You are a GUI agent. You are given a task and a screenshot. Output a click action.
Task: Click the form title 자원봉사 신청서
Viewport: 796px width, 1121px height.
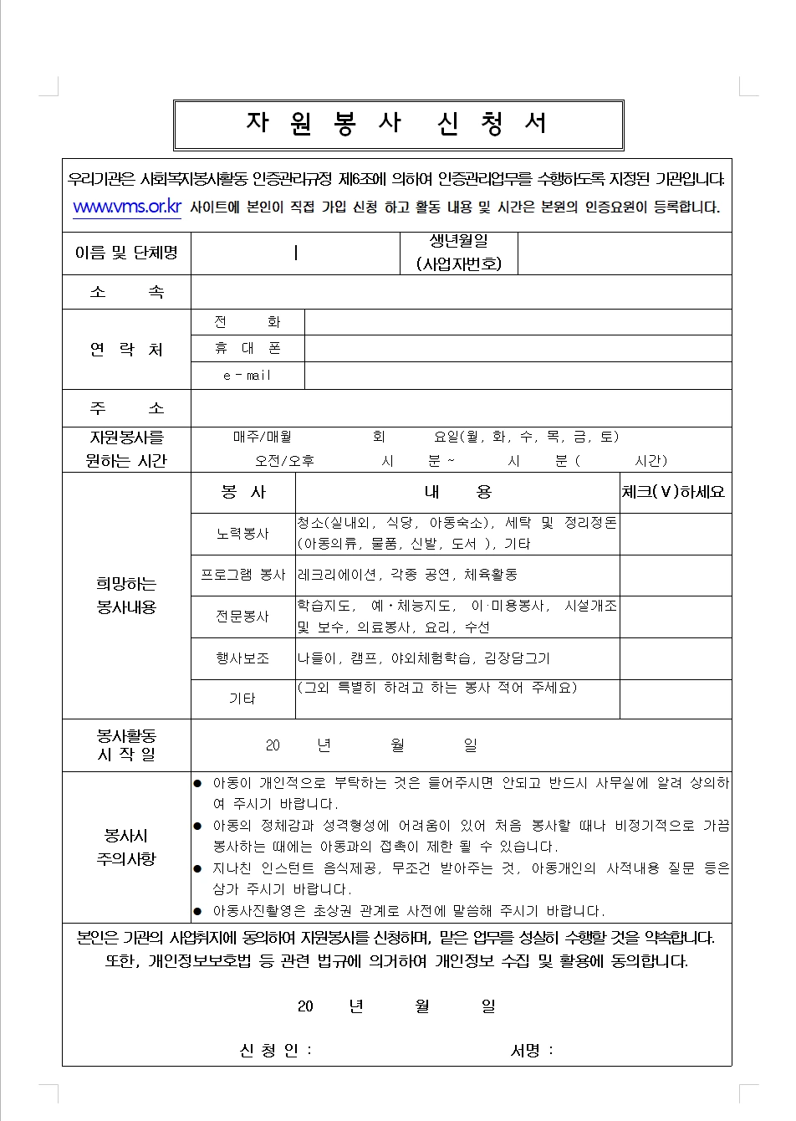[x=398, y=124]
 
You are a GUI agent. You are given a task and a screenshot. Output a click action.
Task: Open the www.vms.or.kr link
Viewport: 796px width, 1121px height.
[x=127, y=207]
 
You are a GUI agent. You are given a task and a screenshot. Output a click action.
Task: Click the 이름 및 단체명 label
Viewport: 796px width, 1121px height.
[x=126, y=253]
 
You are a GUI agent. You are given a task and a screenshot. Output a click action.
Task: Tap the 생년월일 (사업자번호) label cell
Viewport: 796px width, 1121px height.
[x=459, y=253]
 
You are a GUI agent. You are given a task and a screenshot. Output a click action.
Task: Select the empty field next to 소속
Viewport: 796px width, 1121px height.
[x=461, y=292]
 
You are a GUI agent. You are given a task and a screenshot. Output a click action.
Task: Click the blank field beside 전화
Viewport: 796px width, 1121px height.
[x=518, y=322]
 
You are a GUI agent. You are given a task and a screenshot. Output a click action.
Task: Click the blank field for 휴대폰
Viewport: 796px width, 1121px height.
[x=518, y=349]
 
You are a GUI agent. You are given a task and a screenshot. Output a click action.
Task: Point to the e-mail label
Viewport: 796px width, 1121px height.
[x=247, y=376]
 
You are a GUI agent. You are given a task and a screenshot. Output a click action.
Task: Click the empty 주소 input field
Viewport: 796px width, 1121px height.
[x=461, y=408]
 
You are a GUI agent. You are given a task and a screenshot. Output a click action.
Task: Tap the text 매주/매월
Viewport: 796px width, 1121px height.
[x=263, y=437]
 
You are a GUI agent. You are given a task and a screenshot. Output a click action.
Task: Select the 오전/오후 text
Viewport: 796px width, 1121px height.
[x=284, y=461]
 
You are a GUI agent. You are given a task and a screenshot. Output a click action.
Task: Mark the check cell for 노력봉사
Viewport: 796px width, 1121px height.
[x=675, y=534]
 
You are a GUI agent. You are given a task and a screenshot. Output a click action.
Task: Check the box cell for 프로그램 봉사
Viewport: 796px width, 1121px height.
[x=675, y=576]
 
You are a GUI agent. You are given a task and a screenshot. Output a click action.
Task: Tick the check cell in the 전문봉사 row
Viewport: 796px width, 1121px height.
[x=675, y=617]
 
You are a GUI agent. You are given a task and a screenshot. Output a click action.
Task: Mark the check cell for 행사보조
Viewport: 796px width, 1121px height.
[x=675, y=658]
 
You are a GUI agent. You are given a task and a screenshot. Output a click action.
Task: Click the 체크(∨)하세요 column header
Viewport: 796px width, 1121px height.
[x=673, y=493]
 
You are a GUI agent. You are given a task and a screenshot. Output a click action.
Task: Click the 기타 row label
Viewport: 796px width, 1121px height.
[x=242, y=699]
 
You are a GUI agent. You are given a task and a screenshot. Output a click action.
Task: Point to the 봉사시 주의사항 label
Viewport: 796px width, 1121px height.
[x=126, y=847]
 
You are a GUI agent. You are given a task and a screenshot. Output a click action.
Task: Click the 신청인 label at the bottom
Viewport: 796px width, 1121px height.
[x=275, y=1051]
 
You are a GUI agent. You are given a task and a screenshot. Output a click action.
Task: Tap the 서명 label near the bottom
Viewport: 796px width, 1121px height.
[x=532, y=1051]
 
